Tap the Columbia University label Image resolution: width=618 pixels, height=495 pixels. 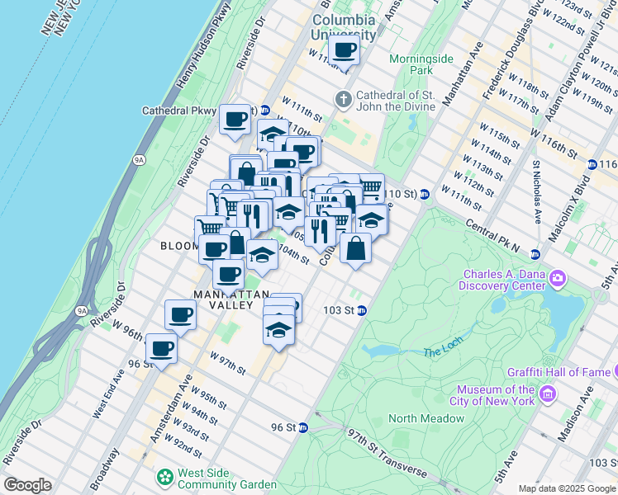(x=343, y=26)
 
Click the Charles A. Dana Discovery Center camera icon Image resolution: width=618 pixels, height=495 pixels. (x=558, y=278)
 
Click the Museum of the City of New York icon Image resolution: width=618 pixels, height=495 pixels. (x=545, y=396)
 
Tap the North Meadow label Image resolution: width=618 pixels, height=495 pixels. (x=426, y=418)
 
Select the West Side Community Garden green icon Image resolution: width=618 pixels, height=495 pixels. (x=165, y=477)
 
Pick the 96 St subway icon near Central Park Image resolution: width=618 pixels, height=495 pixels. (x=304, y=427)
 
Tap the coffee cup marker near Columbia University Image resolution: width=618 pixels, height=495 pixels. (x=344, y=49)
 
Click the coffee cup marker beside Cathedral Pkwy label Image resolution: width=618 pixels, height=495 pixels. (x=235, y=119)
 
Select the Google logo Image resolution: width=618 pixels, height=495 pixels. (x=27, y=485)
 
